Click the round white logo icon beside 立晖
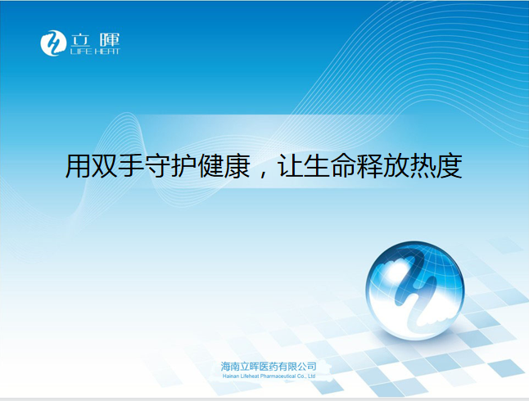53,43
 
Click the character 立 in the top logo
80,40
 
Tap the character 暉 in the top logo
110,40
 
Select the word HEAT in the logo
107,52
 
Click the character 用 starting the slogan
78,166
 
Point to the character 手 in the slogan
131,166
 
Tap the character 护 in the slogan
184,166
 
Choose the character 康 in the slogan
237,166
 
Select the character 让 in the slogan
289,166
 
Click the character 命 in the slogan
343,166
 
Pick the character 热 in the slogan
423,166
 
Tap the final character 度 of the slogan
449,166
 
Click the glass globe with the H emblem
415,290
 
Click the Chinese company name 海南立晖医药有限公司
269,367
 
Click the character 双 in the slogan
104,166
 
